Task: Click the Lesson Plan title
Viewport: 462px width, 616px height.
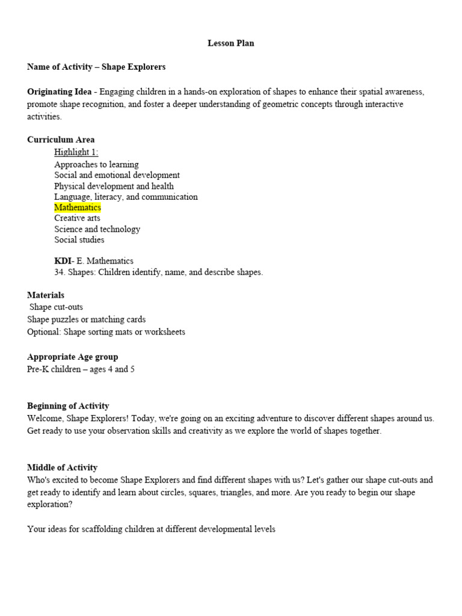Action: pos(230,43)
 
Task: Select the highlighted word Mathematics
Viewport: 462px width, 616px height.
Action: pos(78,208)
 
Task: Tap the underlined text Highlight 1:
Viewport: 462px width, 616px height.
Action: pos(76,152)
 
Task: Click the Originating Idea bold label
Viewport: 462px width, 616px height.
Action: pos(59,92)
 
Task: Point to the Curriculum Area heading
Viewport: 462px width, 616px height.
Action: pos(61,140)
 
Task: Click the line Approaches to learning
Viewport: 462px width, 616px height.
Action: pos(96,164)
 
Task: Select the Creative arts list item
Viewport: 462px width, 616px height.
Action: pos(78,218)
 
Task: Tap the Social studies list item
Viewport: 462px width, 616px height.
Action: pos(79,240)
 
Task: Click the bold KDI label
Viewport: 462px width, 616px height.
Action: pos(62,261)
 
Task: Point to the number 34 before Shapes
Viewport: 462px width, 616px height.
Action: pos(59,272)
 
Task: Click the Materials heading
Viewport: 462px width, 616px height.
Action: pos(46,295)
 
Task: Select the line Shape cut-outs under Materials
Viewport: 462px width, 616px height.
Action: pos(57,307)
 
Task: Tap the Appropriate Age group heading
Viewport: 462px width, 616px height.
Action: pos(73,357)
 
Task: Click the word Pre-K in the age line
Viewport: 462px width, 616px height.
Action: pos(38,369)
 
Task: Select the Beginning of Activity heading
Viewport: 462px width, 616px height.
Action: pos(68,406)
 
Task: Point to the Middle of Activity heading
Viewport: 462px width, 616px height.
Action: pos(62,467)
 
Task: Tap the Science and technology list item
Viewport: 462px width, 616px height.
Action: pos(97,229)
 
